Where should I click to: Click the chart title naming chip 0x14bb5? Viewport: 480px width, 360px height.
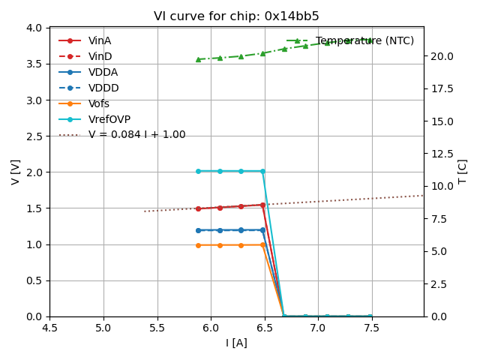[x=236, y=16]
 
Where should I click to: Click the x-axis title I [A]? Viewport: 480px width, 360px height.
[x=236, y=343]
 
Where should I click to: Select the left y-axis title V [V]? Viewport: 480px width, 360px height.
[x=16, y=172]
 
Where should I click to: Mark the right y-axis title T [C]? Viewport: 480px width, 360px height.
[x=463, y=172]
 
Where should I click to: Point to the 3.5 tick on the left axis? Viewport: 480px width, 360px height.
[x=34, y=64]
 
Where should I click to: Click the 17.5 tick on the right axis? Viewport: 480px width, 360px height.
[x=439, y=88]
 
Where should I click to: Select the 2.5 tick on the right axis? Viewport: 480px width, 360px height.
[x=436, y=283]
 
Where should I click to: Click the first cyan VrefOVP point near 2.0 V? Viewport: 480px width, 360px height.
[x=198, y=171]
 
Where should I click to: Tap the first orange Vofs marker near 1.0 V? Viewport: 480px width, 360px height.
[x=198, y=245]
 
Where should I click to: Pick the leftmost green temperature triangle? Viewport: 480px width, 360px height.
[x=198, y=59]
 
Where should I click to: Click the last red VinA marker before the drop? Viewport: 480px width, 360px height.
[x=262, y=205]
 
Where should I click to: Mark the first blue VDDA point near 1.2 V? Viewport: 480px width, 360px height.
[x=198, y=230]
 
